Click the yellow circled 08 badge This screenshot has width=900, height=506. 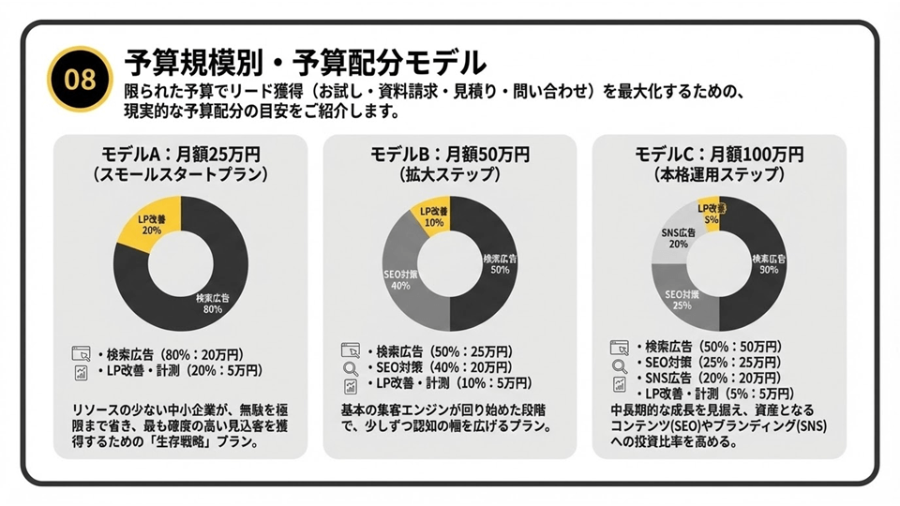point(82,79)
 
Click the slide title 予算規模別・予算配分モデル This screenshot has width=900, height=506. point(305,63)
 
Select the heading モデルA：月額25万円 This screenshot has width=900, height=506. point(180,154)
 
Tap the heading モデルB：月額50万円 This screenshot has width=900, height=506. point(450,154)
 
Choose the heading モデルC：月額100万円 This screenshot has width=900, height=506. point(719,154)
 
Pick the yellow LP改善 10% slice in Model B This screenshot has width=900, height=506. point(430,217)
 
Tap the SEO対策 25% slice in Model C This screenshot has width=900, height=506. point(682,297)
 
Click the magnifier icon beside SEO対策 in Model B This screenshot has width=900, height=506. point(351,368)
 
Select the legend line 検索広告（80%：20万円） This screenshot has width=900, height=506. point(171,354)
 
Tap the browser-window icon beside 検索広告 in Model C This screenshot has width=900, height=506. point(619,348)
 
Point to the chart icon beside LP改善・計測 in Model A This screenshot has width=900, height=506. point(81,372)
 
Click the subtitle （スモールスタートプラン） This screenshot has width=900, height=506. point(181,174)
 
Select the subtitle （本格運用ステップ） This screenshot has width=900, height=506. point(719,174)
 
